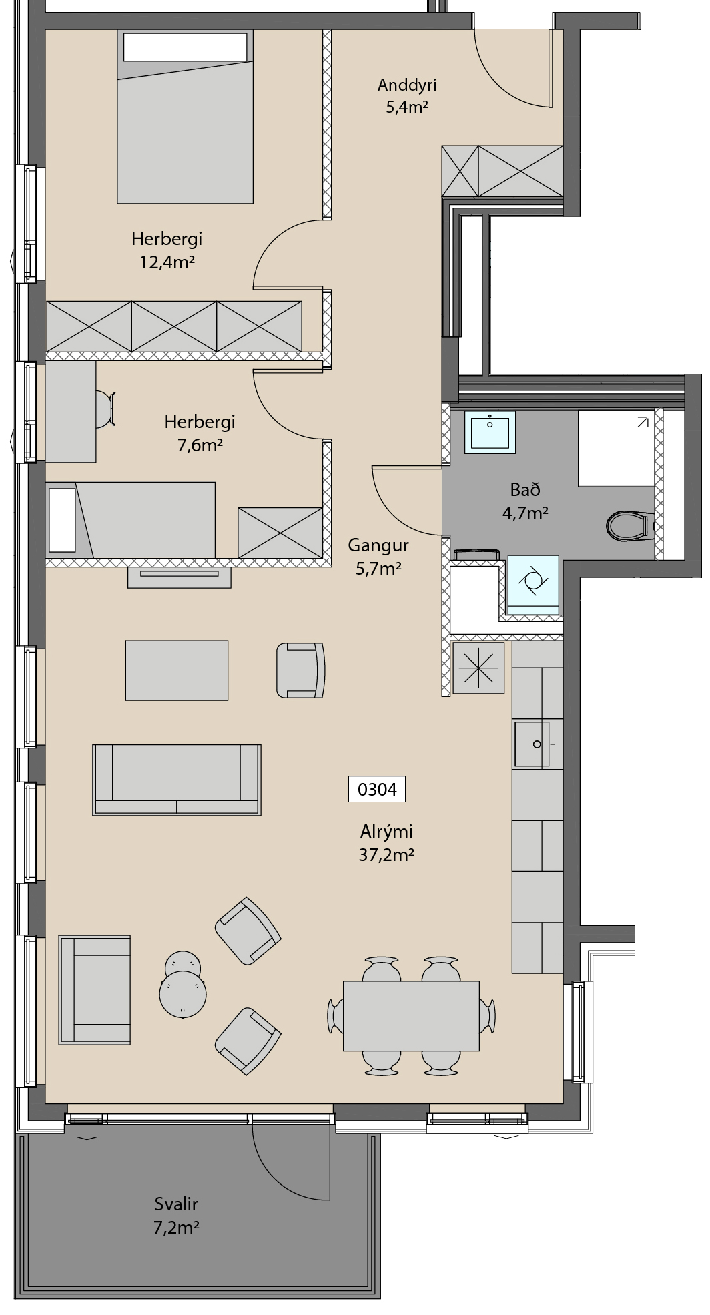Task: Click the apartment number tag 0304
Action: [x=377, y=789]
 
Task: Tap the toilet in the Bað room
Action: [x=629, y=525]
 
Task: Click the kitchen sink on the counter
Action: [x=532, y=744]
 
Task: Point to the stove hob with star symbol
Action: [x=478, y=668]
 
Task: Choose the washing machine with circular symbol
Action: [x=533, y=584]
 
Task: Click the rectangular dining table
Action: [x=411, y=1015]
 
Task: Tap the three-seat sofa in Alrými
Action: [x=177, y=780]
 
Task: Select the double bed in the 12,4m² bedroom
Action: [x=186, y=116]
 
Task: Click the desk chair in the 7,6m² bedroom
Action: [x=105, y=409]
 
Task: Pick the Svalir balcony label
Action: [x=176, y=1204]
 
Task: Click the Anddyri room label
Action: [x=407, y=85]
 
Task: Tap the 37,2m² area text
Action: [x=387, y=855]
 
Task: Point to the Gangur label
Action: [x=378, y=545]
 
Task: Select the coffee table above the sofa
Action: [x=177, y=670]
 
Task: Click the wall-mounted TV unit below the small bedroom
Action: [x=180, y=577]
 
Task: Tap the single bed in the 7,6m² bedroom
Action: [x=131, y=519]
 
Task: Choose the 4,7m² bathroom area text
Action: [x=525, y=513]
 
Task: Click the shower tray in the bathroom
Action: [x=617, y=448]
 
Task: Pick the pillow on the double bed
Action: [x=186, y=47]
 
